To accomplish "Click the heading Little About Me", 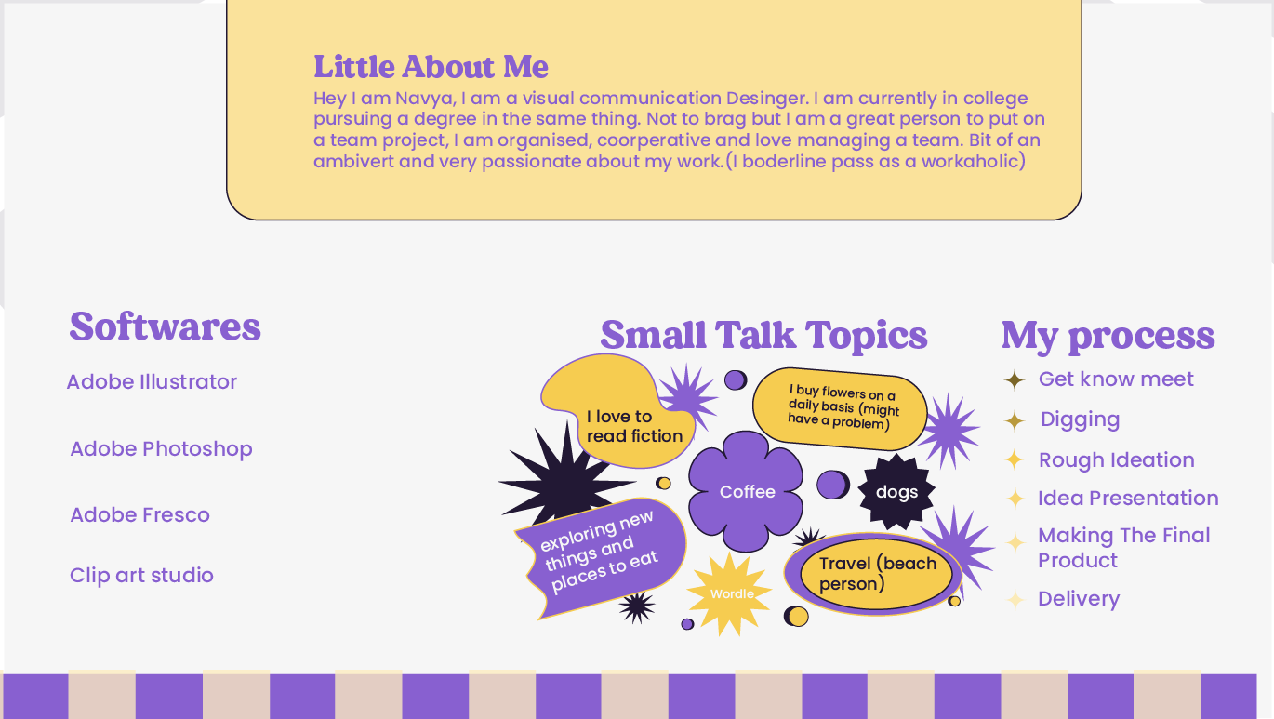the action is (431, 67).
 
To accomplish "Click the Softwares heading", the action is (165, 327).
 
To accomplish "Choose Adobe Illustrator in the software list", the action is (152, 381).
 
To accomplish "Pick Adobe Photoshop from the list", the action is (161, 449).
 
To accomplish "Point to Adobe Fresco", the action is (139, 514).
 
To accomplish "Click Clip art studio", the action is (141, 575).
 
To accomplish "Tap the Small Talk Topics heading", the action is (763, 335).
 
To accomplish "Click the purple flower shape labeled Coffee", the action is (746, 491).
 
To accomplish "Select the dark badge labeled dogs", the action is (896, 492).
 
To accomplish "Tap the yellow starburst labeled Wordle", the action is (730, 593).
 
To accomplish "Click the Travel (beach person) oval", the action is (873, 573).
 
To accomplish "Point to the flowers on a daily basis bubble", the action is (840, 407).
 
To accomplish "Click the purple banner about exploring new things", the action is (601, 557).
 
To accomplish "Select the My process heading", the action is (1108, 336).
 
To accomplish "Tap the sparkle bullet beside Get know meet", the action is (1014, 380).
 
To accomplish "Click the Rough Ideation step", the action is (1117, 460).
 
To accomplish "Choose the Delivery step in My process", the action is (1079, 599).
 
